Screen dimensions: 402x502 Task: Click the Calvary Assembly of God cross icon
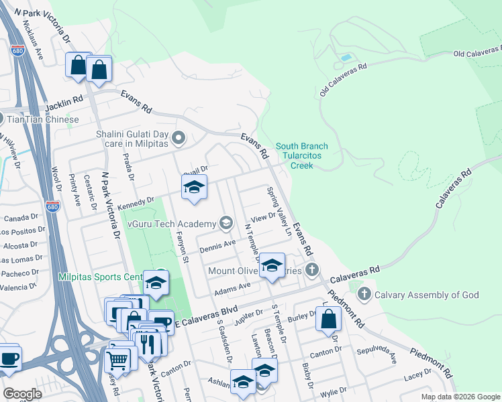point(364,293)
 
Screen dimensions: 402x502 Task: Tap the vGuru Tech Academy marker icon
point(226,222)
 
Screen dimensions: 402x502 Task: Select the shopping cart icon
point(118,360)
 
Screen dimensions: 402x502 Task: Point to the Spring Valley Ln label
point(280,212)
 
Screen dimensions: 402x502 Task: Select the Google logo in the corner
point(22,394)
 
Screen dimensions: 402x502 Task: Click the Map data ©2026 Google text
point(460,397)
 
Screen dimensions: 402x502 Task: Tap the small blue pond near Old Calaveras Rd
point(346,58)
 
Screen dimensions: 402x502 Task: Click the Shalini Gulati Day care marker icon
point(178,139)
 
